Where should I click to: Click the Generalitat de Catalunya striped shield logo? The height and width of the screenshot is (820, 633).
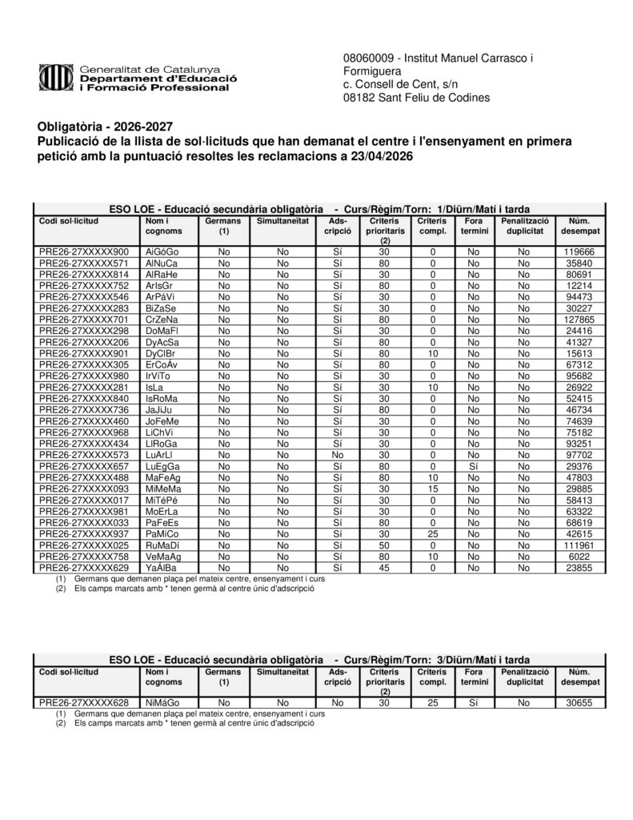click(x=54, y=78)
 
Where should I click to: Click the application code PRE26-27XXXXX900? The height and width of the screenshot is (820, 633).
click(x=83, y=251)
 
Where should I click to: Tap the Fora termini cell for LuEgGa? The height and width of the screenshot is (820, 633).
click(x=474, y=466)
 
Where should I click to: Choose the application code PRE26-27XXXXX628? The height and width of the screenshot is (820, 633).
click(x=83, y=702)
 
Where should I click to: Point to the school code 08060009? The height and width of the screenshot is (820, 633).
click(x=367, y=59)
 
